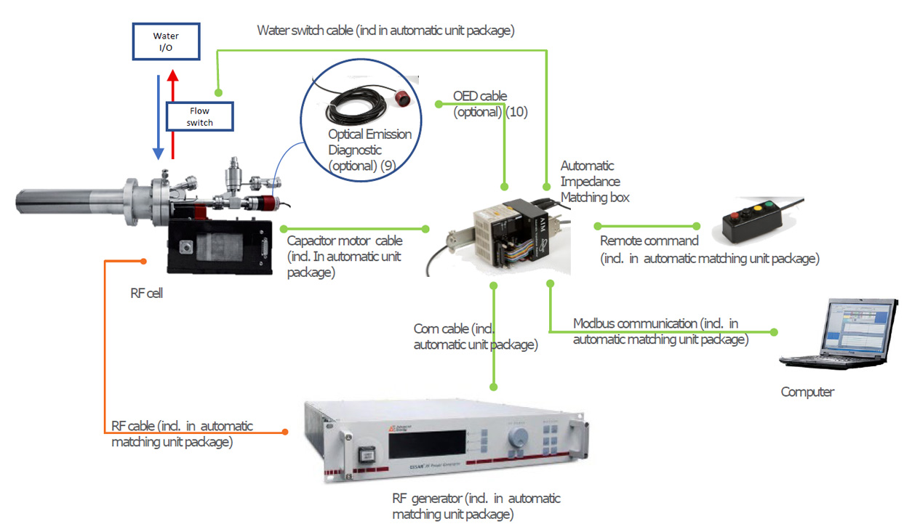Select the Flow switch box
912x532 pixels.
[200, 116]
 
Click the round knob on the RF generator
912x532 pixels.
[519, 436]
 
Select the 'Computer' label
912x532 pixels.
[807, 392]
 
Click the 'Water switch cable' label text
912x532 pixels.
[385, 31]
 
